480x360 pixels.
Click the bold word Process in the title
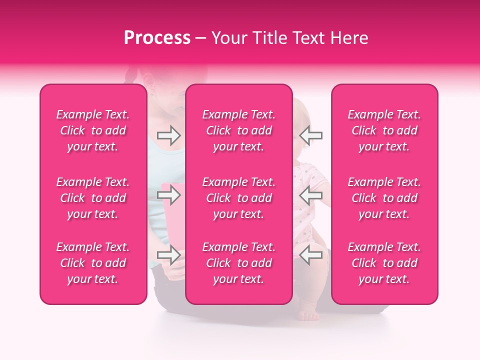click(x=157, y=38)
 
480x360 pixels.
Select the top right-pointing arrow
click(x=169, y=135)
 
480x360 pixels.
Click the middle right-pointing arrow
click(x=169, y=195)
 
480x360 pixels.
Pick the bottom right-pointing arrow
click(x=169, y=255)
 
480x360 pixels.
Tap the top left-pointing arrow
click(x=311, y=135)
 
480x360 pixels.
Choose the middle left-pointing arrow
click(x=311, y=195)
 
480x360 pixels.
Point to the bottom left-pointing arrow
click(x=311, y=255)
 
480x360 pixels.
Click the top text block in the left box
click(x=93, y=130)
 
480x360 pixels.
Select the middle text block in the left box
click(x=93, y=198)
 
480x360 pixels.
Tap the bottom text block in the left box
click(x=93, y=263)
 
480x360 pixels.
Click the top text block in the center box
click(x=239, y=130)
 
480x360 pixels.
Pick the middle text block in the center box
click(x=239, y=198)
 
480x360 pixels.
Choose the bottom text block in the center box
click(x=239, y=263)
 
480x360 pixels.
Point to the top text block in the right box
click(x=384, y=130)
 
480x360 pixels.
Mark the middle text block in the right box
click(x=384, y=198)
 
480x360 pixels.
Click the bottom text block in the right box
click(x=384, y=263)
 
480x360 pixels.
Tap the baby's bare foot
click(x=309, y=315)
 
